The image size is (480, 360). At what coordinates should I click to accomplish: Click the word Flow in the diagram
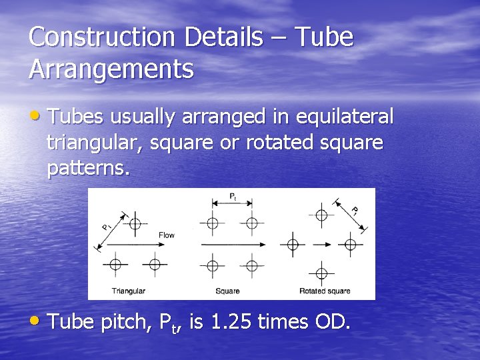tap(167, 235)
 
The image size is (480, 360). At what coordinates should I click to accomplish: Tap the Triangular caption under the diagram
tap(129, 291)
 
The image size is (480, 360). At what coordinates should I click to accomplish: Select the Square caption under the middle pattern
tap(228, 291)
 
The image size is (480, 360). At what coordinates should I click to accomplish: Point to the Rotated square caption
tap(325, 291)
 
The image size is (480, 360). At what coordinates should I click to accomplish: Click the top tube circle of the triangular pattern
tap(135, 224)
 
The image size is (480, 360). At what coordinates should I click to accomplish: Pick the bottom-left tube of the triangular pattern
tap(115, 264)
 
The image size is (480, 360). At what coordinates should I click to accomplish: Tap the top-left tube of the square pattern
tap(213, 223)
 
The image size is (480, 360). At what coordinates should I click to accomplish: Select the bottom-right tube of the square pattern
tap(251, 265)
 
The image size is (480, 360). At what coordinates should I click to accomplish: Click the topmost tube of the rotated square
tap(321, 215)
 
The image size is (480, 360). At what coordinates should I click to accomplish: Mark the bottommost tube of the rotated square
tap(321, 273)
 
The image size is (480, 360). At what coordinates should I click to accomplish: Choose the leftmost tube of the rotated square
tap(292, 244)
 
